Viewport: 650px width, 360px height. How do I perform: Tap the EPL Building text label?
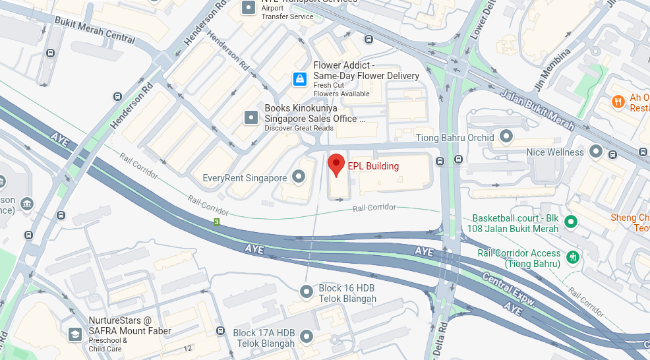[x=373, y=166]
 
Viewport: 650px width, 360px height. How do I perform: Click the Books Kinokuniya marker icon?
[x=251, y=117]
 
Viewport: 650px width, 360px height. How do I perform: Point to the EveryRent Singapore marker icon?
[x=299, y=177]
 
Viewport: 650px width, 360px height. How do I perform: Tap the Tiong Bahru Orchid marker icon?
[x=506, y=136]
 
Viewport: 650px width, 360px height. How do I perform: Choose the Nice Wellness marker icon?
[x=596, y=151]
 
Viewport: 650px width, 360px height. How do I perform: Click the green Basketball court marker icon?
[x=572, y=222]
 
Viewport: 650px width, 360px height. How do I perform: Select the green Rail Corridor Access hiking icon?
[x=573, y=256]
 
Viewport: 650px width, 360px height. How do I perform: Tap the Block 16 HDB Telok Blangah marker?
[x=307, y=291]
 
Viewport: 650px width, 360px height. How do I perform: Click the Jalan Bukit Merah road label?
[x=537, y=108]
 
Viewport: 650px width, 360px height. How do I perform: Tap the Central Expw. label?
[x=508, y=289]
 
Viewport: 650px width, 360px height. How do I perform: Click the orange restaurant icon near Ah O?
[x=618, y=102]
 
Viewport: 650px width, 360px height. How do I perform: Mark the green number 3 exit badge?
[x=216, y=222]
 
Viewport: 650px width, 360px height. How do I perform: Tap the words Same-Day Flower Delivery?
[x=366, y=76]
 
